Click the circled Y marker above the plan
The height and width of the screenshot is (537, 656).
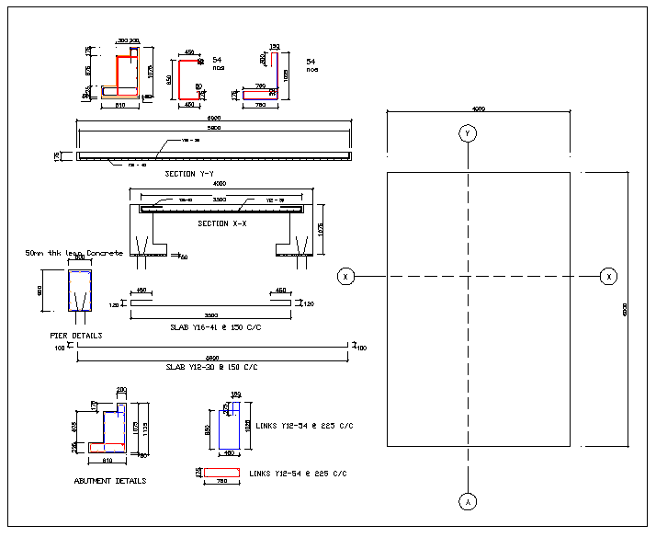[x=468, y=134]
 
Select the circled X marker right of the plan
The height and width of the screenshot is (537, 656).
[x=608, y=276]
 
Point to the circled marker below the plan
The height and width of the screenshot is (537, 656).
[x=468, y=501]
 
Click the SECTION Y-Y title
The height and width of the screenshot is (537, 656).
[x=192, y=174]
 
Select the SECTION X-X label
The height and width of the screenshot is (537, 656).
[x=221, y=223]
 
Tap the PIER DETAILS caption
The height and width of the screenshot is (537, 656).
[x=76, y=336]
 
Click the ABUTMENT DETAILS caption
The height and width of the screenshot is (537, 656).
[x=109, y=481]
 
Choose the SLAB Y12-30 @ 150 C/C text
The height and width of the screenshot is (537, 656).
[x=211, y=367]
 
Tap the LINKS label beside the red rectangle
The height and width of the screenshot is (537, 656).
[x=298, y=474]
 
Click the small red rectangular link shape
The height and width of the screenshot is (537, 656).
[x=221, y=473]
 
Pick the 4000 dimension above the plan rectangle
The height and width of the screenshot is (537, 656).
[x=478, y=109]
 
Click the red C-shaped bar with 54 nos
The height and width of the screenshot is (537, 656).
[x=189, y=79]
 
